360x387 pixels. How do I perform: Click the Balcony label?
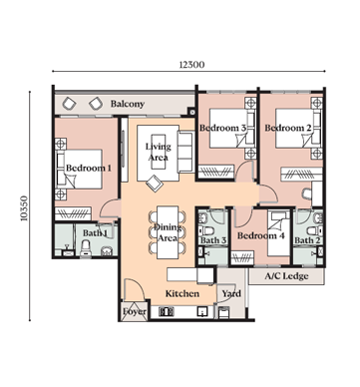(x=128, y=104)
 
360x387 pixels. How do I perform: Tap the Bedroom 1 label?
(x=88, y=169)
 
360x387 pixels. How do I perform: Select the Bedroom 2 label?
(x=289, y=128)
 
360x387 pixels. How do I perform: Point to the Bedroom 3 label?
(x=223, y=128)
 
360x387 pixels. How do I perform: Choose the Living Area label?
(x=158, y=152)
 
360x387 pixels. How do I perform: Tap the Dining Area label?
(x=168, y=233)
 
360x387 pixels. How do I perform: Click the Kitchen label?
(x=182, y=294)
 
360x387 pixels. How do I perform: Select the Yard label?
(x=231, y=294)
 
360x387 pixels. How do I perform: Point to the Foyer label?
(x=135, y=312)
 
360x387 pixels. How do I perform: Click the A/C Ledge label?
(x=287, y=276)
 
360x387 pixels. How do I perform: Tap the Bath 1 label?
(x=96, y=233)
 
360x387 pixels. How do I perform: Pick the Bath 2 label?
(x=306, y=240)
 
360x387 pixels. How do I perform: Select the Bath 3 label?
(x=213, y=240)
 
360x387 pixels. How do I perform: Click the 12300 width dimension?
(x=191, y=65)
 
